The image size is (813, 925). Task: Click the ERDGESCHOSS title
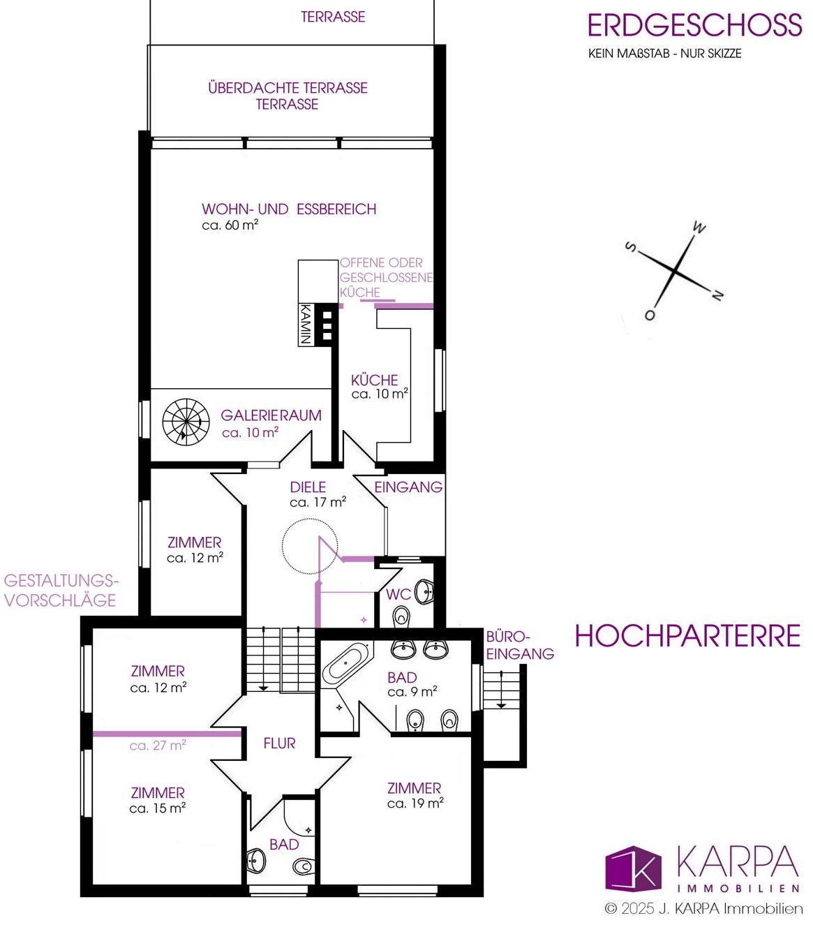[x=694, y=25]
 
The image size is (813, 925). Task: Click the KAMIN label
[x=305, y=324]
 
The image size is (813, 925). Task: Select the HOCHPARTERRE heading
[x=687, y=635]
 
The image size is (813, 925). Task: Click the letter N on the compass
[x=717, y=295]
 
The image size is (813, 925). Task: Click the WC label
[x=398, y=595]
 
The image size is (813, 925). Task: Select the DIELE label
[x=308, y=487]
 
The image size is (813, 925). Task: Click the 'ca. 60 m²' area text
[x=230, y=225]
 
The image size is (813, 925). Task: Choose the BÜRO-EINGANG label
[x=520, y=645]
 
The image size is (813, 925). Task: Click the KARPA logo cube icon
[x=633, y=868]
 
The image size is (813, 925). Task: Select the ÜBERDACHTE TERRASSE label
[x=288, y=88]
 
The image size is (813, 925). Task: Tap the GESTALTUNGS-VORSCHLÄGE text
[x=61, y=591]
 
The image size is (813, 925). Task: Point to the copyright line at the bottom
[x=703, y=908]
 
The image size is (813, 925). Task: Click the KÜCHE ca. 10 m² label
[x=380, y=387]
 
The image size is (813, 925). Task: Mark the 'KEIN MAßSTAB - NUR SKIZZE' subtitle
[x=664, y=54]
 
